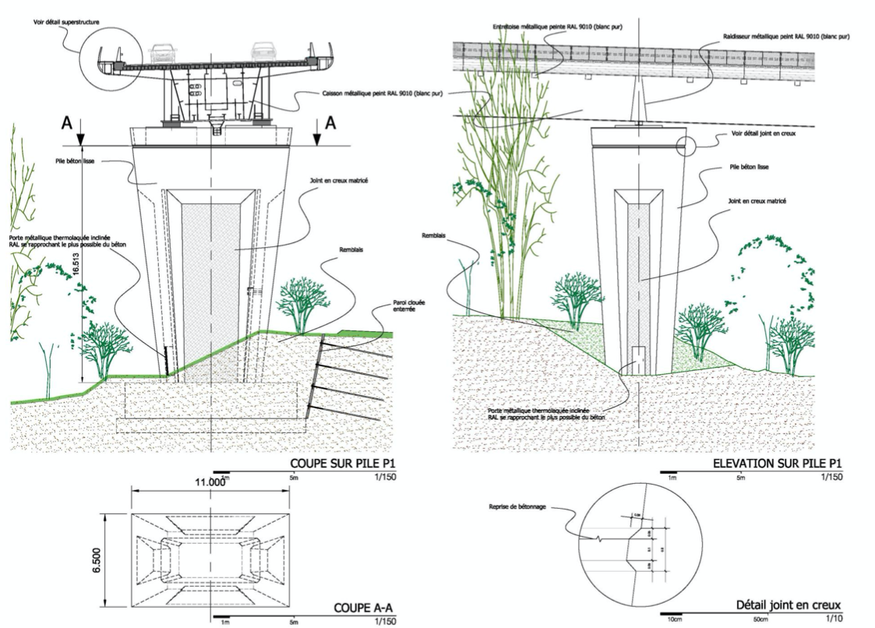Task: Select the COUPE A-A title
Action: (x=364, y=608)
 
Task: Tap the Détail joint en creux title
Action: (x=789, y=605)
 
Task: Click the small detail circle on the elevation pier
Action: (x=686, y=146)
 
